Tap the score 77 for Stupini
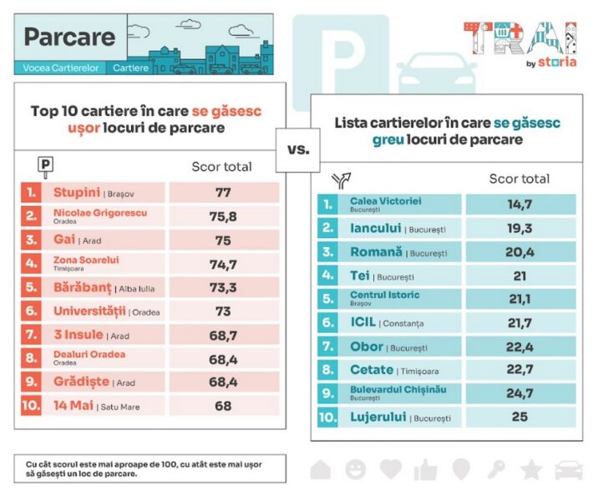click(223, 193)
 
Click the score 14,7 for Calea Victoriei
click(519, 204)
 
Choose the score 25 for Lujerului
click(519, 416)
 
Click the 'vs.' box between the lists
click(297, 150)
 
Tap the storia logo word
click(558, 62)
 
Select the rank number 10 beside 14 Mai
click(31, 406)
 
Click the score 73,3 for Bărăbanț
click(223, 288)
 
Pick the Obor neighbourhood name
click(367, 346)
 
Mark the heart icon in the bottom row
click(391, 469)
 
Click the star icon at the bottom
click(531, 469)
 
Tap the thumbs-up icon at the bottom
click(426, 469)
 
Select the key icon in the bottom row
click(496, 469)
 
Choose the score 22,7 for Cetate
click(519, 369)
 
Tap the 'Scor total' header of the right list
click(519, 178)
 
